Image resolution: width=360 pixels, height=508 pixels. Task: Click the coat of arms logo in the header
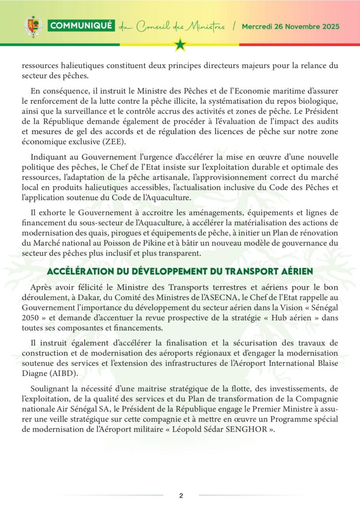coord(33,26)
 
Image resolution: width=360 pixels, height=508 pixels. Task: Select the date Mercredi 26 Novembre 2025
coord(290,26)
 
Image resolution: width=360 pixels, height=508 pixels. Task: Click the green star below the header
coord(180,45)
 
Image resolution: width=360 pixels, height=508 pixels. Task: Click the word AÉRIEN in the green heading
coord(292,271)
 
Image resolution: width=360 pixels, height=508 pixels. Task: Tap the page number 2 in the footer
coord(181,496)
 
